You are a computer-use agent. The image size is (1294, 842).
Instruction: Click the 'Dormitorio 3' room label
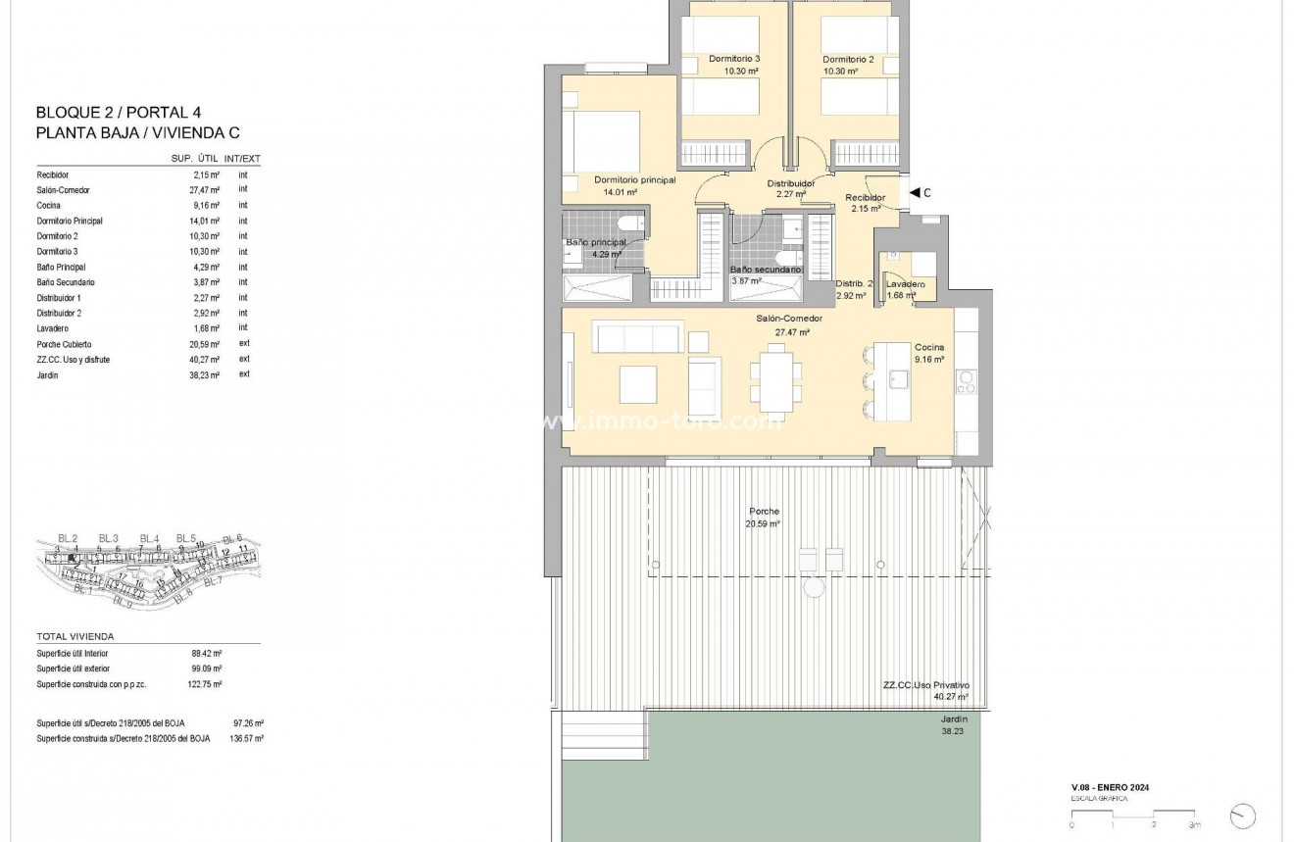(734, 59)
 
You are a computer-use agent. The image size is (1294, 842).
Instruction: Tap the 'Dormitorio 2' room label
(848, 59)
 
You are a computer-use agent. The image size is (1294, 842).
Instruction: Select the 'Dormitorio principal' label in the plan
(634, 179)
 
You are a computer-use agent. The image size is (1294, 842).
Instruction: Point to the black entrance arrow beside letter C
(914, 193)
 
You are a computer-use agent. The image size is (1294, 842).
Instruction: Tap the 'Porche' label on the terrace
(764, 512)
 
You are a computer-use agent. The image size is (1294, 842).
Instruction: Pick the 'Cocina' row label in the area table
(48, 206)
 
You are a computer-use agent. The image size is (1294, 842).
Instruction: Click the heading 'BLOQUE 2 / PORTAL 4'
(118, 113)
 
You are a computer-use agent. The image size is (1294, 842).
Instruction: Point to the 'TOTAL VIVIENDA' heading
(75, 636)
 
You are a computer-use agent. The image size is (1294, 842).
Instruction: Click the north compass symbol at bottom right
(1242, 815)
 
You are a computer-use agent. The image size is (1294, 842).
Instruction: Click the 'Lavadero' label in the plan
(906, 284)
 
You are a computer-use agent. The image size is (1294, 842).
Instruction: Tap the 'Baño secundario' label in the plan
(766, 270)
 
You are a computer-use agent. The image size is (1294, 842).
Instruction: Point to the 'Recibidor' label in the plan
(865, 198)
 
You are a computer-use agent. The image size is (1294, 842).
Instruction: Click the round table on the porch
(814, 587)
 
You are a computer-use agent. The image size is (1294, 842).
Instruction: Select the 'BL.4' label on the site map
(149, 538)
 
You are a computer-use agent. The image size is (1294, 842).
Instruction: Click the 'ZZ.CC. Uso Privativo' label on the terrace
(925, 686)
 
